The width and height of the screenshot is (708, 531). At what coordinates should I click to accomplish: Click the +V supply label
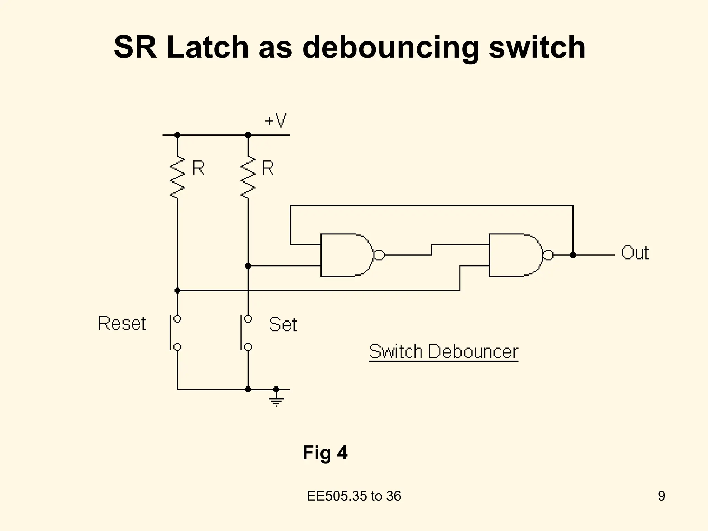275,121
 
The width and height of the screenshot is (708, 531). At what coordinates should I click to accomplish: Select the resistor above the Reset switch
177,177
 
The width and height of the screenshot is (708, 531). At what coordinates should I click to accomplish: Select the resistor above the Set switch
248,177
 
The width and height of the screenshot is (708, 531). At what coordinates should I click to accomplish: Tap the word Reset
122,324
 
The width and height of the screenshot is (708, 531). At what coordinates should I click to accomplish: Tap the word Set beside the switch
283,325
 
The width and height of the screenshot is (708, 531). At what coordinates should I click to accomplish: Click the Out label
635,253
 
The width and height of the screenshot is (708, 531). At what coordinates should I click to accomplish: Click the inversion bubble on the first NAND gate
379,255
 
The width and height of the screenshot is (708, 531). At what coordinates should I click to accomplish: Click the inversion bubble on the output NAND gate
548,255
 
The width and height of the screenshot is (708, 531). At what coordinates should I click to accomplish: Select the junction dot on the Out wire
573,255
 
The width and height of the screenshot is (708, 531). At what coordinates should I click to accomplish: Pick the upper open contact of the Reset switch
177,318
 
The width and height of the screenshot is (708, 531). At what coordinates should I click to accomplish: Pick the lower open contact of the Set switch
248,347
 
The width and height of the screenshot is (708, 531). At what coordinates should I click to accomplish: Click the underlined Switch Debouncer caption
444,352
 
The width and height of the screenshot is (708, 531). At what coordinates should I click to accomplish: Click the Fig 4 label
325,453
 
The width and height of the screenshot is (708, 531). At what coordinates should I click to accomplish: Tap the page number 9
661,496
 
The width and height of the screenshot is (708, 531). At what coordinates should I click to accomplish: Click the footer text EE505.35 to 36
354,496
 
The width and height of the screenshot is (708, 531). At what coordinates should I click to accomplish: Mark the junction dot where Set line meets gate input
248,265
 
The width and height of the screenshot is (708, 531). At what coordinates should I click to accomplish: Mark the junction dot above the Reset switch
177,290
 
